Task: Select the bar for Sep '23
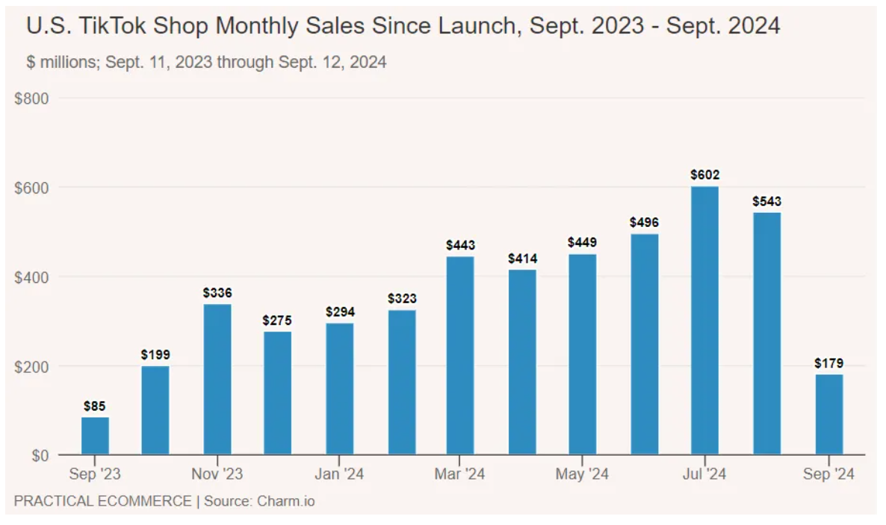[x=95, y=435]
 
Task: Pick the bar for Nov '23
[x=217, y=379]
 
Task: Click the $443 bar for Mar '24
[x=461, y=355]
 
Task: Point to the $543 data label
[x=767, y=202]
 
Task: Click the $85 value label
[x=95, y=407]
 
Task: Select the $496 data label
[x=645, y=223]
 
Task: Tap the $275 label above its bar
[x=277, y=320]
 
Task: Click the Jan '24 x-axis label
[x=338, y=474]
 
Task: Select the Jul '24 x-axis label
[x=704, y=474]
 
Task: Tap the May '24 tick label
[x=583, y=474]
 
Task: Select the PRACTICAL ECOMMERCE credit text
[x=102, y=501]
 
